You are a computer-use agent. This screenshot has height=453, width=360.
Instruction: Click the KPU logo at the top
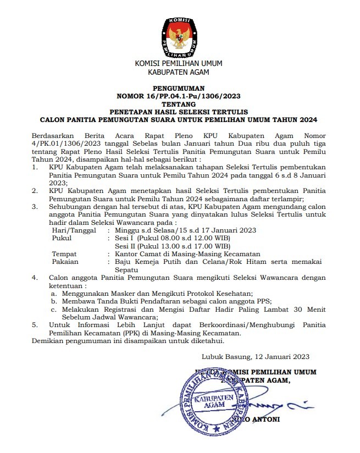pos(179,37)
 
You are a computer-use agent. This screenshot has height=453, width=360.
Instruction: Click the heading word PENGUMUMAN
pos(179,88)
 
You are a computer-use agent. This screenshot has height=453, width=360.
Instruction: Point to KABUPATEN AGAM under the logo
pos(179,71)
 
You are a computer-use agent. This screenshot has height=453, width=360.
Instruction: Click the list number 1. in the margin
pos(35,166)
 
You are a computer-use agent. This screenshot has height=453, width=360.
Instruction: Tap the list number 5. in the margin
pos(35,325)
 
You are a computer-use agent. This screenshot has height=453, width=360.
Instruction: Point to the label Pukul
pos(62,239)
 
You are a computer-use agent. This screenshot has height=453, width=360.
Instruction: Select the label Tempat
pos(64,254)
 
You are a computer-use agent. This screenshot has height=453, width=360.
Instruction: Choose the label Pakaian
pos(65,262)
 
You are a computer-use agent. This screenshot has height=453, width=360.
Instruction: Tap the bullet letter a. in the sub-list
pos(53,294)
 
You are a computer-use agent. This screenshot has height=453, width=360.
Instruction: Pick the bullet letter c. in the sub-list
pos(53,310)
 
